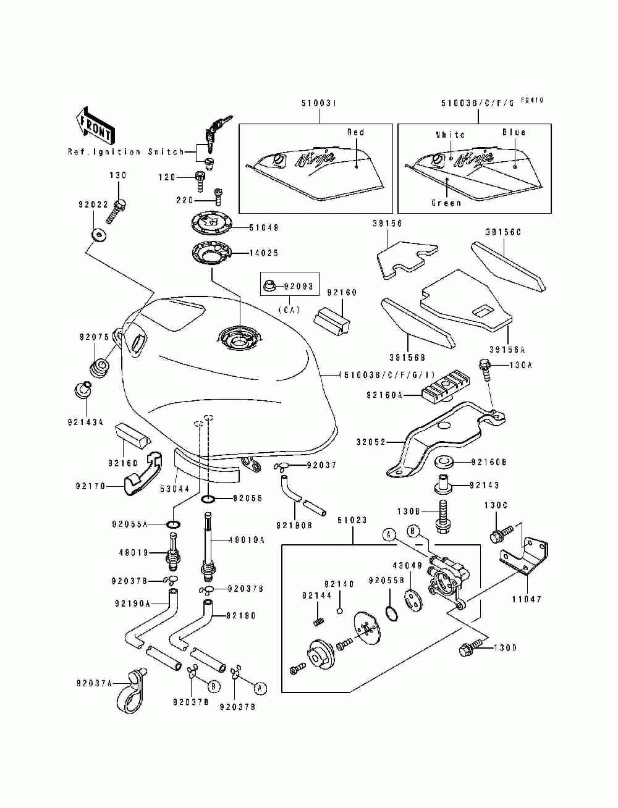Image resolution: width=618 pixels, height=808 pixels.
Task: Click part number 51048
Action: (x=264, y=228)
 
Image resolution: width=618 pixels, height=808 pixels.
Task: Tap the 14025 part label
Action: (x=264, y=253)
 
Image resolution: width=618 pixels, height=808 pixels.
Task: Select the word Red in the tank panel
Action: (x=356, y=132)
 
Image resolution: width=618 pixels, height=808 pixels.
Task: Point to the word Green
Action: (x=446, y=203)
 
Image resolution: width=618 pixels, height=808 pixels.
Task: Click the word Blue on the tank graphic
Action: (x=514, y=132)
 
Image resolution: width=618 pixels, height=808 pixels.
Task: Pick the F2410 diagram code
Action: (x=531, y=100)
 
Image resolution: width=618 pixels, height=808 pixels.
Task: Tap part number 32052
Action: (x=371, y=442)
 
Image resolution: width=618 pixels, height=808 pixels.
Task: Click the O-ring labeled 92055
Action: (x=208, y=498)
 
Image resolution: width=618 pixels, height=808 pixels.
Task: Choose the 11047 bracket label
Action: (x=527, y=599)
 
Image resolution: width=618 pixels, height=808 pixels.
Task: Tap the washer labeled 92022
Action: (x=98, y=235)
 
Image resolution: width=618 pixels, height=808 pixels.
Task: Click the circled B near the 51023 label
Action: (x=413, y=530)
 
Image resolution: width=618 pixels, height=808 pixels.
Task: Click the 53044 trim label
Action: (x=174, y=489)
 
